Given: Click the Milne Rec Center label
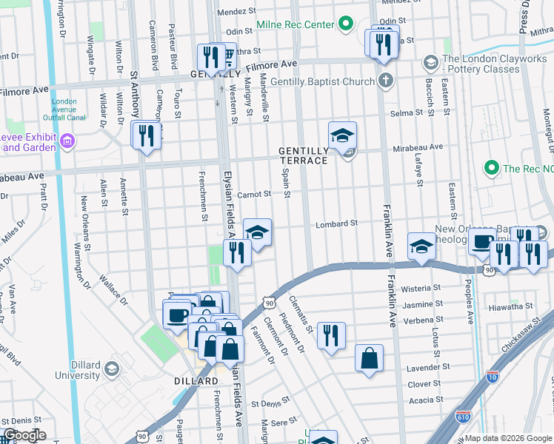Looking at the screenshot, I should (296, 25).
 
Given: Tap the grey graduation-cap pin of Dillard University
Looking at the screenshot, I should (112, 369).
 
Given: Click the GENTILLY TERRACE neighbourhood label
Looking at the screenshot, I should (303, 155).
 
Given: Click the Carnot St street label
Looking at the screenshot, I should (255, 195).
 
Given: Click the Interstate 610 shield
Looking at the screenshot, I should (464, 418).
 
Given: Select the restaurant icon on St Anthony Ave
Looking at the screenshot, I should (146, 135).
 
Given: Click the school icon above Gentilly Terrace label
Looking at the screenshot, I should (342, 136).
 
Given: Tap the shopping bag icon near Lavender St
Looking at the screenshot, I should (369, 360).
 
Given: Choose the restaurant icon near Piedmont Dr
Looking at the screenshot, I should (331, 334).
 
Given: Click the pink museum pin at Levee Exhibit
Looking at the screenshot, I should (67, 141).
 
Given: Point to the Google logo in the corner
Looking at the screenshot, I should (24, 436).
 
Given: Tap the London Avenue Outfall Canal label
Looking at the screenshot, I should (65, 107).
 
